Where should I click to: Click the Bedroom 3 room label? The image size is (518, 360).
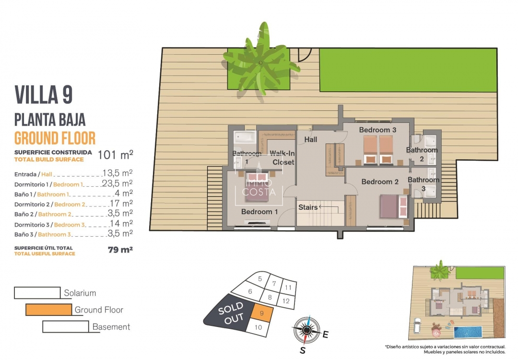pyautogui.click(x=377, y=130)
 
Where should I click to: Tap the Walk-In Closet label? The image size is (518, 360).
pyautogui.click(x=282, y=158)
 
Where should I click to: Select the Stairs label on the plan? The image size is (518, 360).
pyautogui.click(x=308, y=207)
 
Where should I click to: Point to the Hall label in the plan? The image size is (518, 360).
pyautogui.click(x=311, y=140)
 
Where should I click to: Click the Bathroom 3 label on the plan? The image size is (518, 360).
pyautogui.click(x=424, y=184)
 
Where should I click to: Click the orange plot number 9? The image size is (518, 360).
pyautogui.click(x=262, y=313)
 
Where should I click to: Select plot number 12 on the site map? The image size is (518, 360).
pyautogui.click(x=286, y=301)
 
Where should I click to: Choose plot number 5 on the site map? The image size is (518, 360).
pyautogui.click(x=260, y=279)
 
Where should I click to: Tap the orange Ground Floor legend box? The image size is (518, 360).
pyautogui.click(x=48, y=310)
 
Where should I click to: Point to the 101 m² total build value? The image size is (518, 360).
pyautogui.click(x=115, y=155)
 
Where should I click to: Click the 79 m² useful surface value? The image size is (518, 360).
pyautogui.click(x=120, y=250)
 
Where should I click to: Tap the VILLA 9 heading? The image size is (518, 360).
pyautogui.click(x=44, y=94)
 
